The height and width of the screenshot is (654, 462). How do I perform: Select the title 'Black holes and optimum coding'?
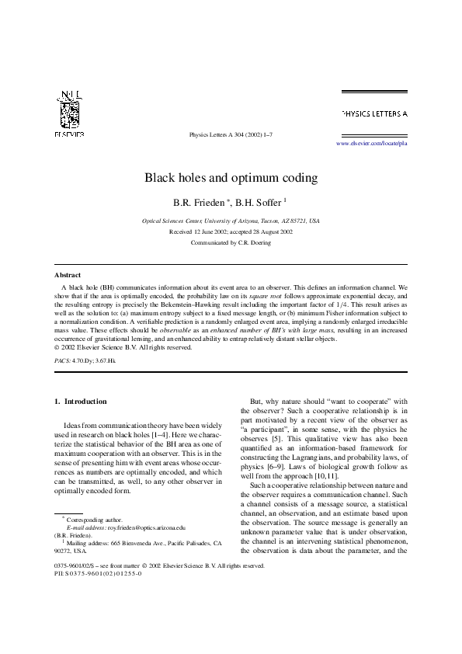click(231, 177)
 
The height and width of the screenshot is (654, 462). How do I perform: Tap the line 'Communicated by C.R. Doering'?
click(231, 242)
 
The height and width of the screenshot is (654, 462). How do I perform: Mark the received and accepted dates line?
click(231, 231)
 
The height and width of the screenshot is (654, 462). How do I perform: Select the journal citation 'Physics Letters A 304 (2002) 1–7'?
click(231, 134)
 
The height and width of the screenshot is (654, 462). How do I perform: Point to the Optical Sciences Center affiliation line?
click(231, 221)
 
